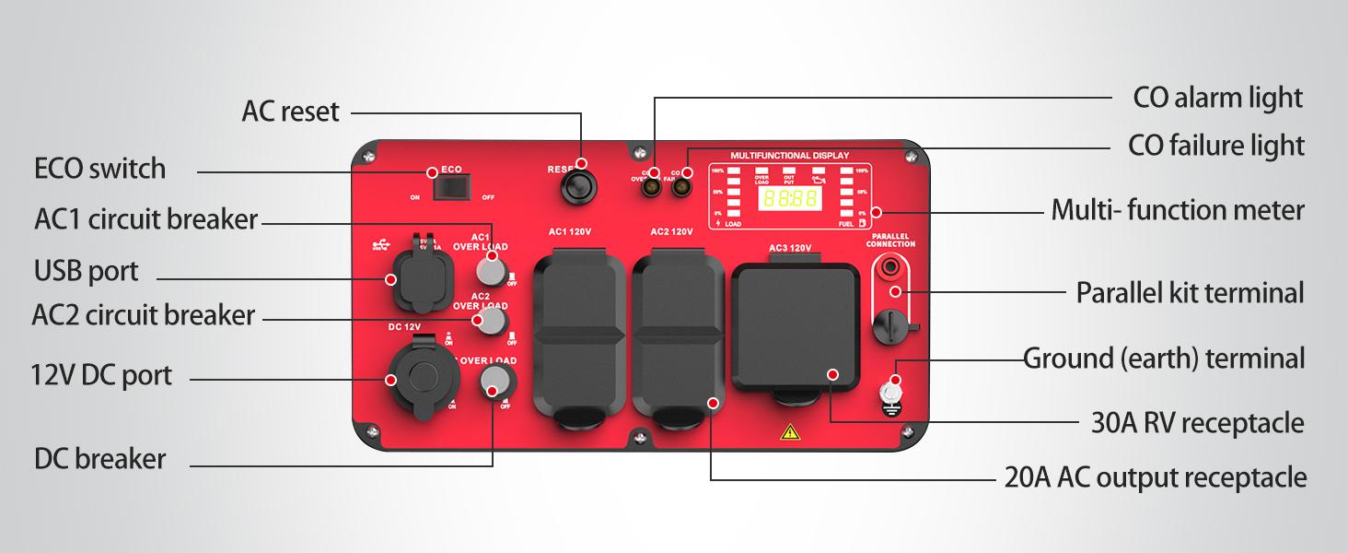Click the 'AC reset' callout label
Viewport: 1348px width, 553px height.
click(290, 112)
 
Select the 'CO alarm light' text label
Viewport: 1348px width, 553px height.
click(1217, 97)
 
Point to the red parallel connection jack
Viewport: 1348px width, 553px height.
click(891, 267)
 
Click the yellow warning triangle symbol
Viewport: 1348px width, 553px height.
click(789, 431)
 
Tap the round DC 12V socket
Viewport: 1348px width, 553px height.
click(417, 380)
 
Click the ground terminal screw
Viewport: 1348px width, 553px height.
click(890, 391)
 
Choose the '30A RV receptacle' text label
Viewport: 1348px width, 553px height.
click(1197, 423)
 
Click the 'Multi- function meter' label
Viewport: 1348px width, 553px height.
click(1178, 211)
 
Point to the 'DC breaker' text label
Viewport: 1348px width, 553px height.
click(100, 459)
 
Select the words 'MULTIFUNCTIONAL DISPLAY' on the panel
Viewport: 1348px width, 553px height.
click(789, 156)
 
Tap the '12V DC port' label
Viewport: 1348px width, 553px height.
click(101, 376)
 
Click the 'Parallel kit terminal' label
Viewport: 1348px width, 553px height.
click(1190, 293)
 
